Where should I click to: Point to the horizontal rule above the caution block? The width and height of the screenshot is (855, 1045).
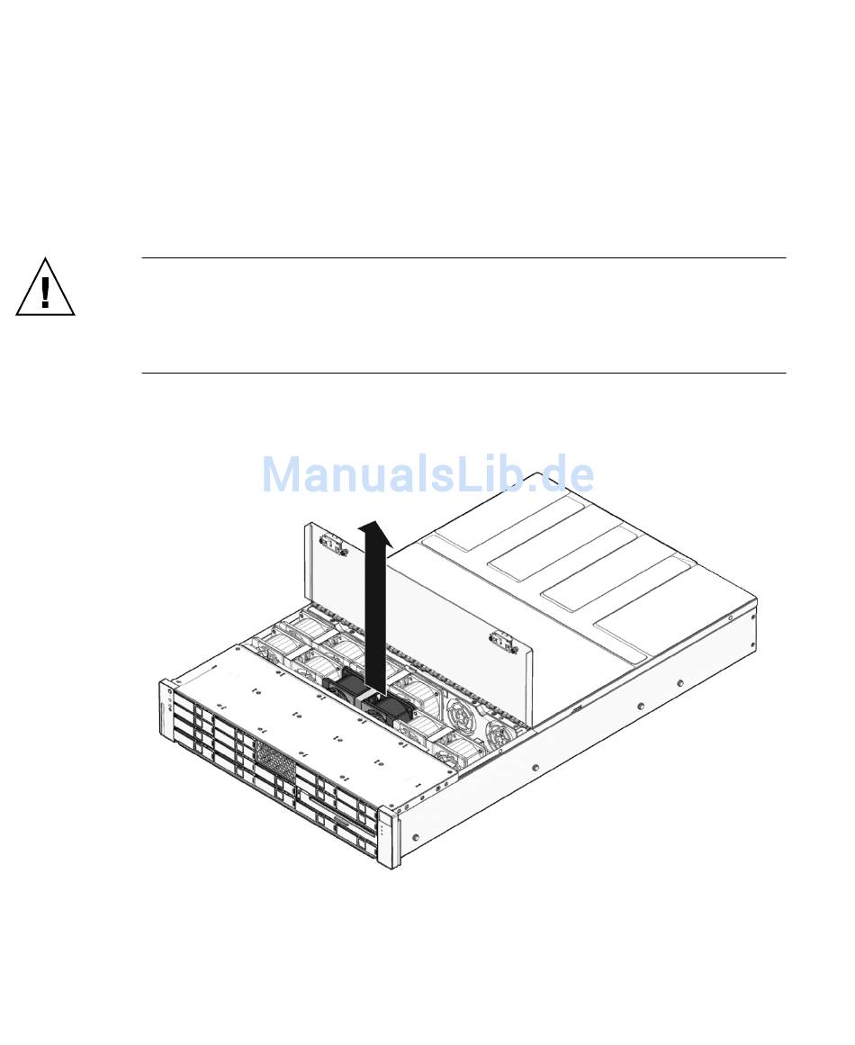[463, 258]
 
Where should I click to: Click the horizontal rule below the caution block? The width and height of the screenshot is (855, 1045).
[463, 373]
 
